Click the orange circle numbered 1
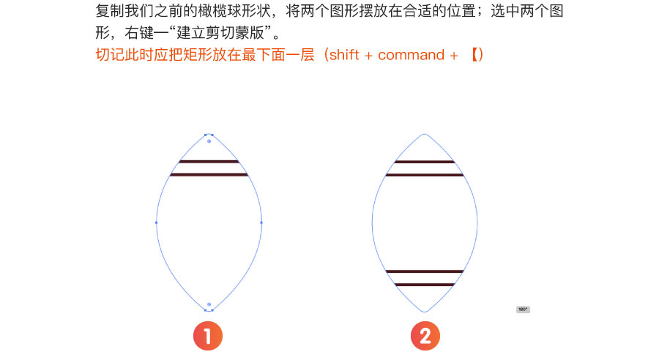coord(208,336)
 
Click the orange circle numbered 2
coord(425,336)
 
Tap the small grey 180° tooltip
coord(523,310)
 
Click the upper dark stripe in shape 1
coord(209,161)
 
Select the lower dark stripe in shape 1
coord(209,175)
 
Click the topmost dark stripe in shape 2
coord(425,161)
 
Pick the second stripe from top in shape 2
coord(425,175)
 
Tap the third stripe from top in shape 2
coord(425,271)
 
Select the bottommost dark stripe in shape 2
coord(425,285)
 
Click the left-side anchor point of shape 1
coord(157,222)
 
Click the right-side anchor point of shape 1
coord(261,222)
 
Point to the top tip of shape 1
coord(209,135)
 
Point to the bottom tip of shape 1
coord(209,311)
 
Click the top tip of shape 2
coord(425,134)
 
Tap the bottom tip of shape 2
coord(425,312)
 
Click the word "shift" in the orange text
coord(344,55)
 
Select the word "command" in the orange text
coord(411,55)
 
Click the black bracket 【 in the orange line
coord(474,55)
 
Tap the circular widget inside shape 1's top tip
coord(209,141)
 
